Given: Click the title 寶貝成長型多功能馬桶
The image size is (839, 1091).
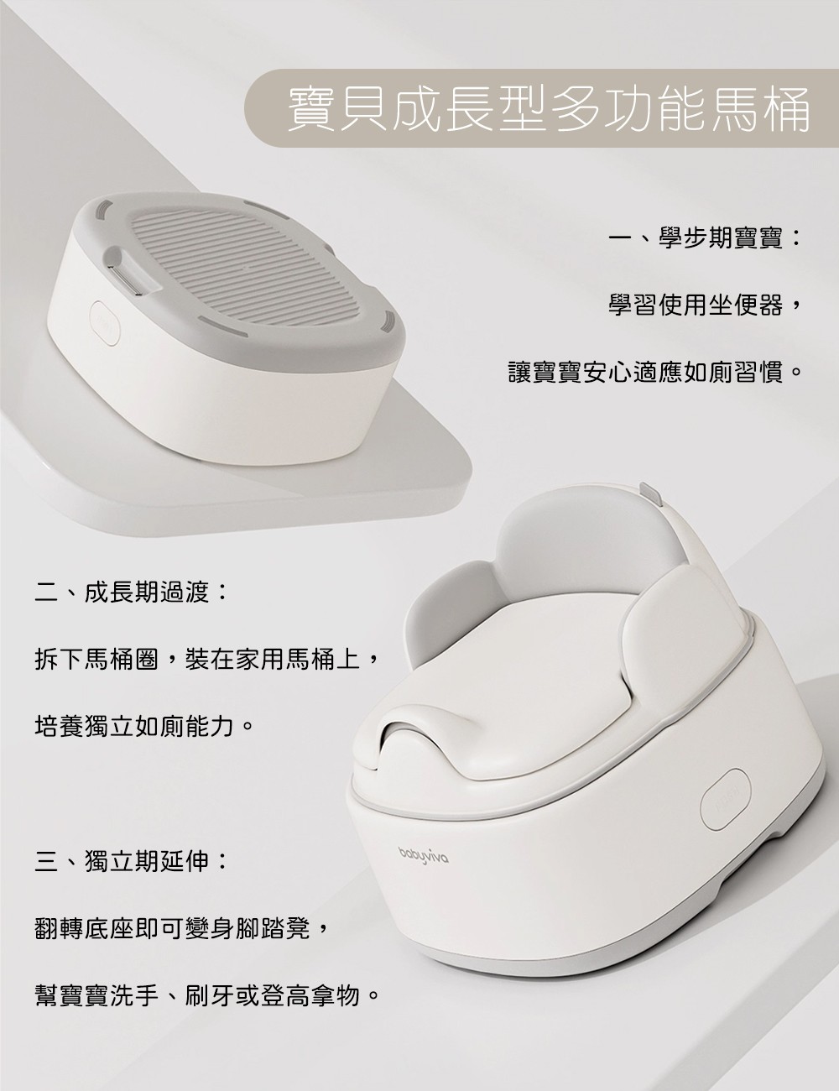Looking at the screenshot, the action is [x=549, y=108].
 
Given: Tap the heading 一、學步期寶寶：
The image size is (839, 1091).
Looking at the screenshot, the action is [x=704, y=238].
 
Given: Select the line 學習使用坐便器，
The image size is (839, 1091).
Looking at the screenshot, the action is [x=704, y=305].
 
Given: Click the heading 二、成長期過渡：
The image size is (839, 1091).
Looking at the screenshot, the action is [x=131, y=592].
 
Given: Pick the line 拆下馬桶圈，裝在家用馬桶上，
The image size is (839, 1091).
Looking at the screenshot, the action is [x=206, y=660].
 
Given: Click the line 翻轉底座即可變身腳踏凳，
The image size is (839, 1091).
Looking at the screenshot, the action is [x=181, y=929].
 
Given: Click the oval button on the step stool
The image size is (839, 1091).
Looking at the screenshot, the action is [x=104, y=322].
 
